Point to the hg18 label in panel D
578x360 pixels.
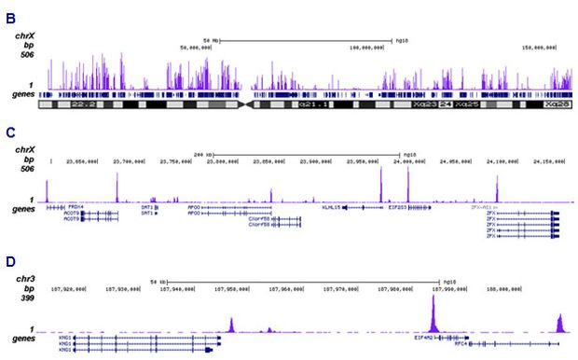[449, 281]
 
